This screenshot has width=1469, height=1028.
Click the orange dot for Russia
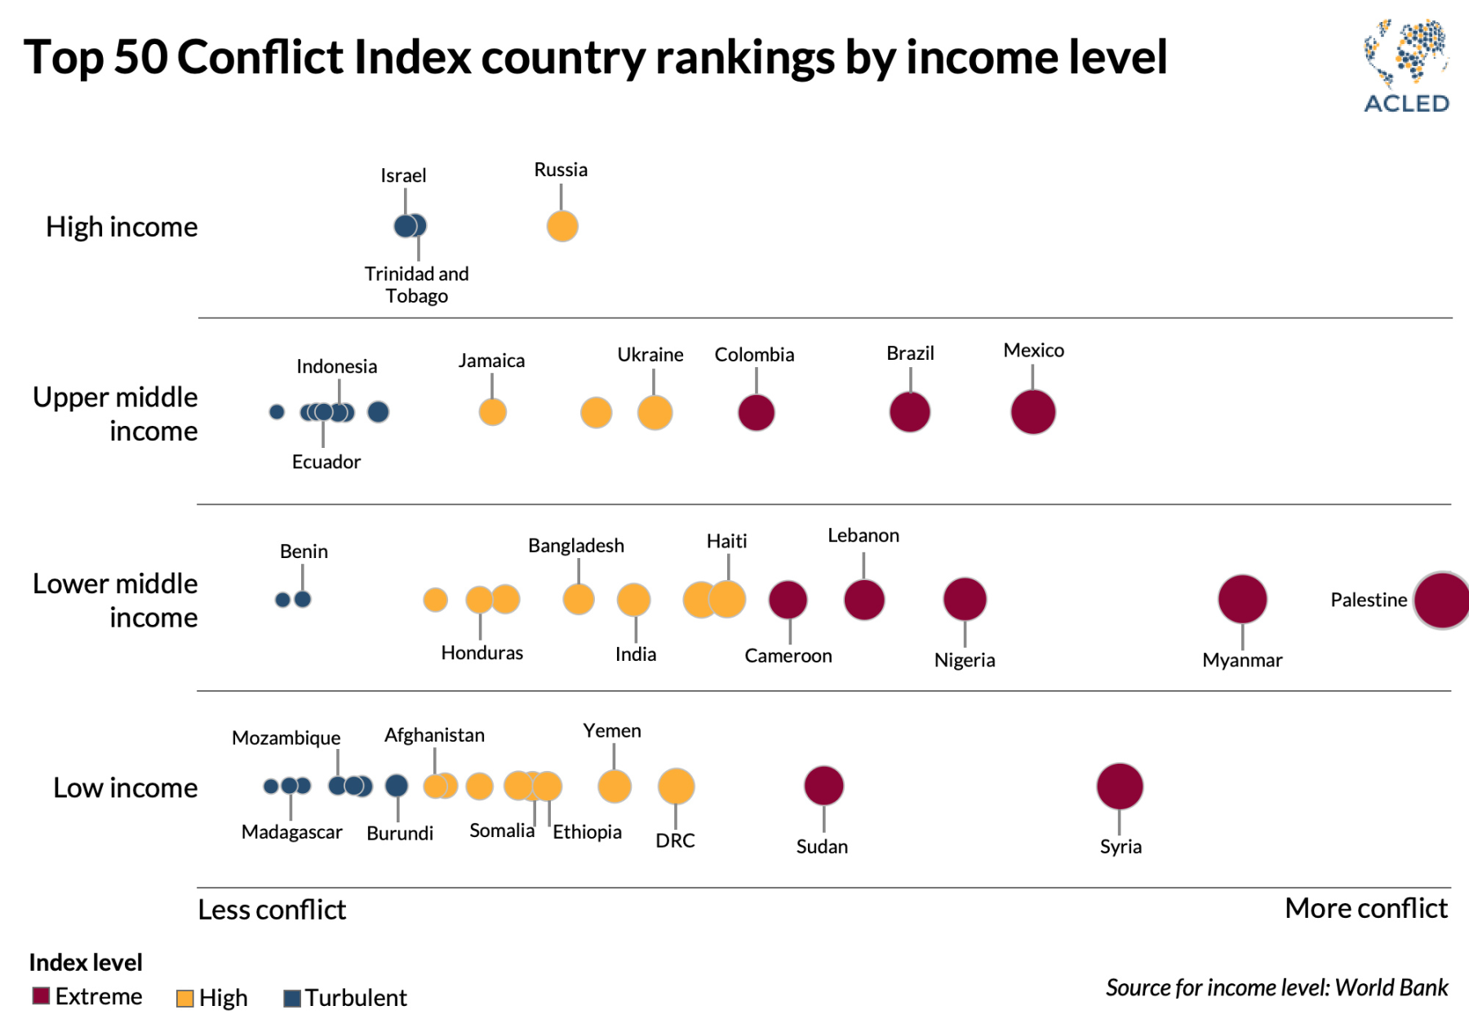point(562,226)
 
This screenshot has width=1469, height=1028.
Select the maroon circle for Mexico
point(1033,412)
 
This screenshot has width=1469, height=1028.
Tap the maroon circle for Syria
point(1120,787)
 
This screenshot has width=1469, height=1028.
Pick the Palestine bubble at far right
point(1443,600)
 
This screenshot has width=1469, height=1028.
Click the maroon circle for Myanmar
point(1242,599)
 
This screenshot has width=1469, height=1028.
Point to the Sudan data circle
point(823,786)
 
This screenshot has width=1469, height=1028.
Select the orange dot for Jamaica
point(492,412)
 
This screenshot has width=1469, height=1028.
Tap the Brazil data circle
point(910,412)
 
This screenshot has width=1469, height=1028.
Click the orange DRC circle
point(676,787)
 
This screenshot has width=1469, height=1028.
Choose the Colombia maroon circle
point(757,412)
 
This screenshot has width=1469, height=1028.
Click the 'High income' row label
point(122,227)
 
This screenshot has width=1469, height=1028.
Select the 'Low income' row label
point(125,788)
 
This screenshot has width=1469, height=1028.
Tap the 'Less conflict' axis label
point(272,910)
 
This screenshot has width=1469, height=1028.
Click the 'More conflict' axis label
point(1365,908)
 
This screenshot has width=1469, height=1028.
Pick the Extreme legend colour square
point(41,996)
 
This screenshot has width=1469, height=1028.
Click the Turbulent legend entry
point(344,998)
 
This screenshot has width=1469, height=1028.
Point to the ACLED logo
point(1406,66)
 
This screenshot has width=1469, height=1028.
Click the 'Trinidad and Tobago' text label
point(416,285)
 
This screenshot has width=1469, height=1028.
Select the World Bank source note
point(1276,988)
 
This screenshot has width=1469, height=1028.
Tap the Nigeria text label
point(965,660)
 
